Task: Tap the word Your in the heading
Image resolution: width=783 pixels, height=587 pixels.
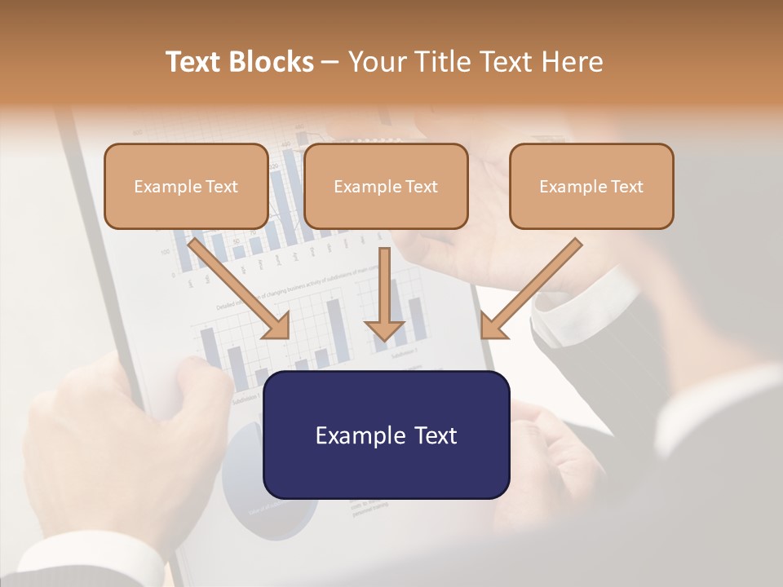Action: pyautogui.click(x=376, y=62)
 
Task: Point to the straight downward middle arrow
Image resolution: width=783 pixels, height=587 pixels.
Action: pyautogui.click(x=384, y=285)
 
